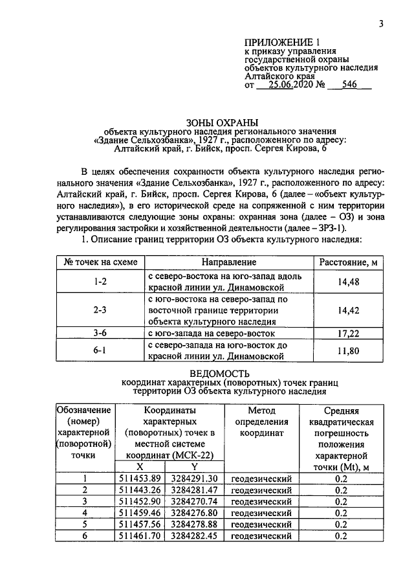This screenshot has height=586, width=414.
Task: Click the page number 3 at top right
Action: tap(382, 25)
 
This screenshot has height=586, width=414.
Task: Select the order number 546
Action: tap(350, 84)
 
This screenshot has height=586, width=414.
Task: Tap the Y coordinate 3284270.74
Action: tap(193, 501)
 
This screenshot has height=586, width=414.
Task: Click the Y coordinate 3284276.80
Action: tap(193, 512)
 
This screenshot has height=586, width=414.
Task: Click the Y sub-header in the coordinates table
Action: tap(193, 466)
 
